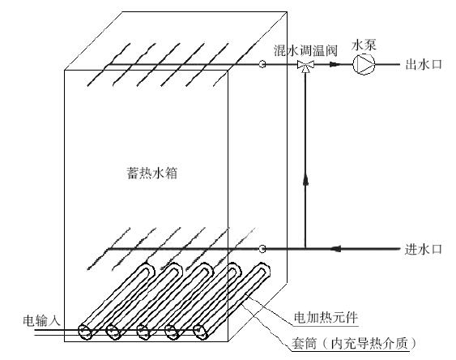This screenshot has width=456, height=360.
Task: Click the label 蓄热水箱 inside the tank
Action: [x=152, y=174]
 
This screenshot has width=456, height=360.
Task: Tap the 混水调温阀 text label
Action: [x=305, y=50]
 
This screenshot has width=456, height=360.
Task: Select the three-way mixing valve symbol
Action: [x=305, y=66]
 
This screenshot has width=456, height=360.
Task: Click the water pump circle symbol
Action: [x=364, y=64]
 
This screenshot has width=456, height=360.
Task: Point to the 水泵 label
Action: [x=364, y=45]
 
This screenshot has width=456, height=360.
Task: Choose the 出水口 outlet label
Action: [x=424, y=64]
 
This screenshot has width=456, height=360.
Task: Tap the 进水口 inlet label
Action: [x=423, y=250]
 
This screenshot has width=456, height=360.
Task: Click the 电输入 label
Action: [x=41, y=320]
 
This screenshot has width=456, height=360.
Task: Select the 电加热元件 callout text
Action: [x=326, y=317]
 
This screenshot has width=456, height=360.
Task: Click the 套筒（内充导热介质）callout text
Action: [x=354, y=344]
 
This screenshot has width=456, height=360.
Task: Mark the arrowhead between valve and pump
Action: [x=335, y=64]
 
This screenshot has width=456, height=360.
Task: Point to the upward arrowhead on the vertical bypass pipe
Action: [x=305, y=179]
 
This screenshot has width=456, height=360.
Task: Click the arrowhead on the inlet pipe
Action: [x=336, y=249]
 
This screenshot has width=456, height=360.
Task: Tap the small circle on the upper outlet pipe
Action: [x=262, y=64]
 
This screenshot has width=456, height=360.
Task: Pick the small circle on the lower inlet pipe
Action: [x=262, y=249]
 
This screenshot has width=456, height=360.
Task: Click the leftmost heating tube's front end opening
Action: [x=85, y=332]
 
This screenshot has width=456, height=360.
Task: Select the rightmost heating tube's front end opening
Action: [x=200, y=332]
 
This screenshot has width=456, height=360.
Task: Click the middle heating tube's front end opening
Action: [x=143, y=332]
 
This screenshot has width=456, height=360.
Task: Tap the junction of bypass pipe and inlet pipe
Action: [x=305, y=249]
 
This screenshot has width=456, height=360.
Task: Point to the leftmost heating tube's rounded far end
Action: [x=147, y=268]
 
